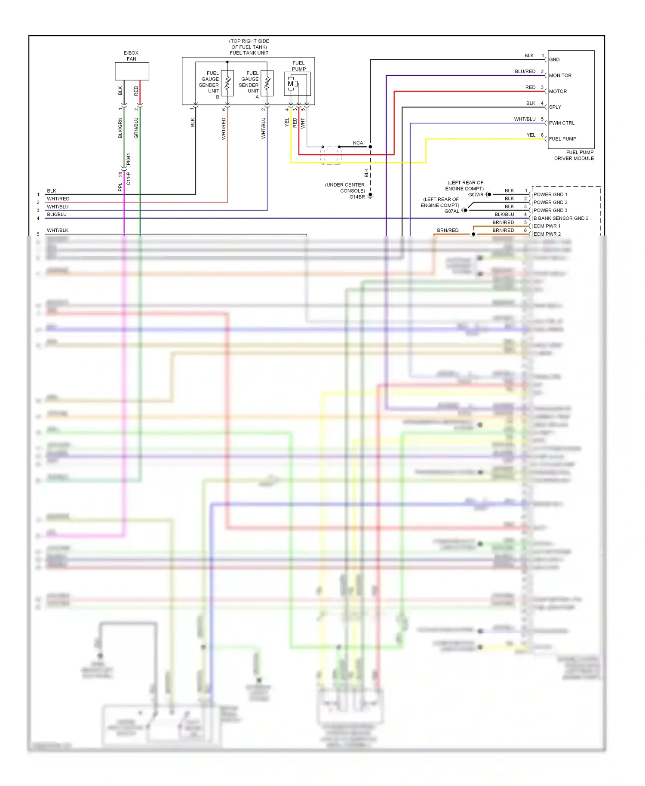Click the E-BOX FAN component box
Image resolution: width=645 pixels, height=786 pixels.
[x=132, y=71]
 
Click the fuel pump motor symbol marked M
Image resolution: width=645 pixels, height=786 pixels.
[x=291, y=84]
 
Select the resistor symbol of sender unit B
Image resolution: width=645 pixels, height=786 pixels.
[x=227, y=83]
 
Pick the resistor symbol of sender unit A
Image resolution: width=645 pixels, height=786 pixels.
[x=267, y=83]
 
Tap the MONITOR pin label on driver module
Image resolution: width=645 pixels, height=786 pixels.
[x=560, y=75]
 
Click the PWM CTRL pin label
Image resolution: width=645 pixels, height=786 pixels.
[x=562, y=123]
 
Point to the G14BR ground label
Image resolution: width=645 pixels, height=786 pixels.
[x=357, y=197]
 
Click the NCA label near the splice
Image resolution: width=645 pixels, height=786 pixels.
[x=358, y=143]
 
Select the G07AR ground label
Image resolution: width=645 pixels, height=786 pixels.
[x=476, y=195]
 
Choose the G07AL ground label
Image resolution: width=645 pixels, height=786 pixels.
[x=451, y=211]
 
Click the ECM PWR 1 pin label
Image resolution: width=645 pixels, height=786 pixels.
[x=547, y=226]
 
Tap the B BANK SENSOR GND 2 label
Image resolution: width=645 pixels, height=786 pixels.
[x=561, y=218]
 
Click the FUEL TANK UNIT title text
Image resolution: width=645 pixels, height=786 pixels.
[x=249, y=53]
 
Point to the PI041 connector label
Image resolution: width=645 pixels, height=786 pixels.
[x=128, y=160]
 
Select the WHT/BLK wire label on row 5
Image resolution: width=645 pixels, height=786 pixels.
[x=58, y=230]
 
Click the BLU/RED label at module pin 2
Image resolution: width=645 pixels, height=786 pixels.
[x=525, y=71]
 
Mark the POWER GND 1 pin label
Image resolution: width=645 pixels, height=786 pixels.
[x=550, y=194]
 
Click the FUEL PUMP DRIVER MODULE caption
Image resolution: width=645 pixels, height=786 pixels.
[x=574, y=155]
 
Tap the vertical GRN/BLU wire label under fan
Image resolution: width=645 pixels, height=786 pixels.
[x=136, y=128]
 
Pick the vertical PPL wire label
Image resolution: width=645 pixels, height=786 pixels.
[x=120, y=187]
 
